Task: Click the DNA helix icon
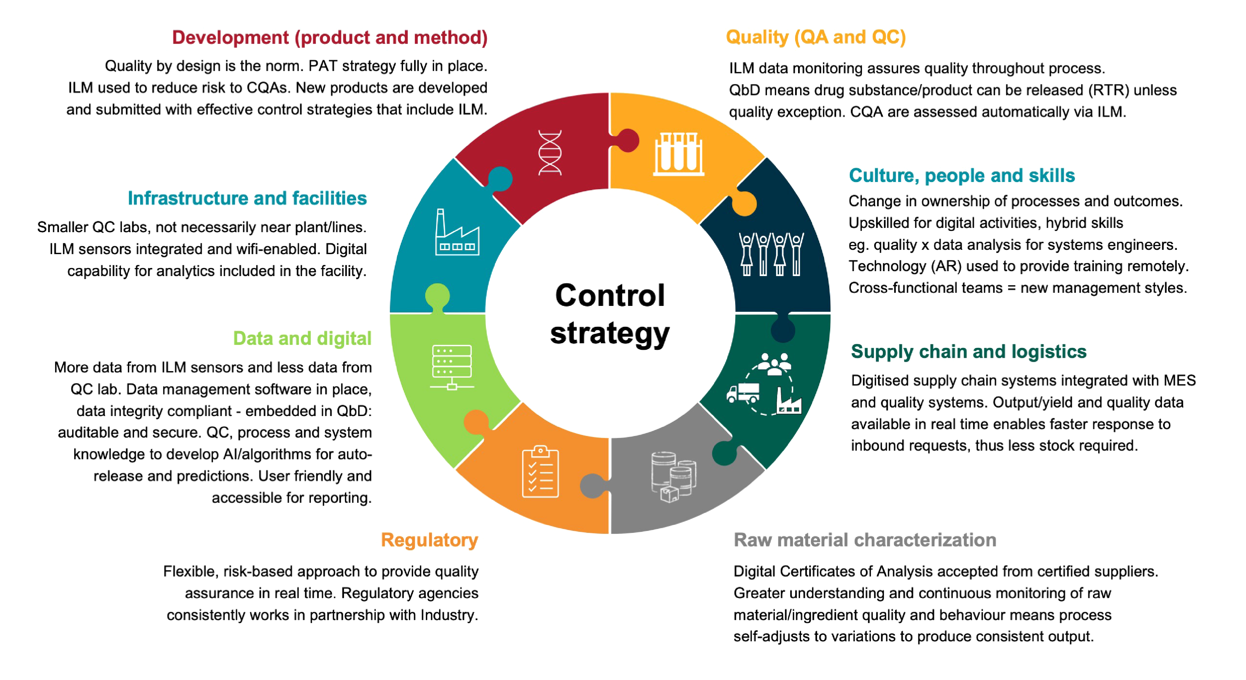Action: click(x=550, y=152)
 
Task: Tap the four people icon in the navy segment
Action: click(x=771, y=253)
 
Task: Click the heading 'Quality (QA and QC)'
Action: click(x=815, y=37)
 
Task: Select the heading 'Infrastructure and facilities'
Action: click(x=247, y=198)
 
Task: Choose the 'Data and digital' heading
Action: click(x=302, y=339)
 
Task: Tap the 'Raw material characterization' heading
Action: click(x=865, y=540)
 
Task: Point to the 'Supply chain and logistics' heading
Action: click(x=968, y=351)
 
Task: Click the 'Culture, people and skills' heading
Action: click(x=962, y=175)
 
